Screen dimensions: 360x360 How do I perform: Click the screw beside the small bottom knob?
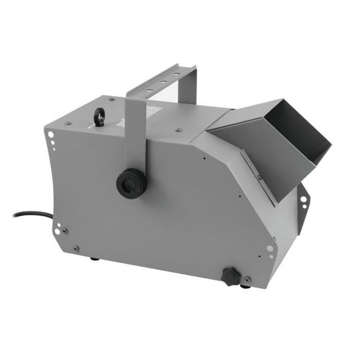tap(247, 279)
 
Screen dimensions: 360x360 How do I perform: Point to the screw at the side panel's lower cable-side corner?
tap(77, 248)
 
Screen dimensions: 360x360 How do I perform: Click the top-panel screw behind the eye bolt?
tap(112, 99)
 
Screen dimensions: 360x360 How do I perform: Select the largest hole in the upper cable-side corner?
tap(51, 136)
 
